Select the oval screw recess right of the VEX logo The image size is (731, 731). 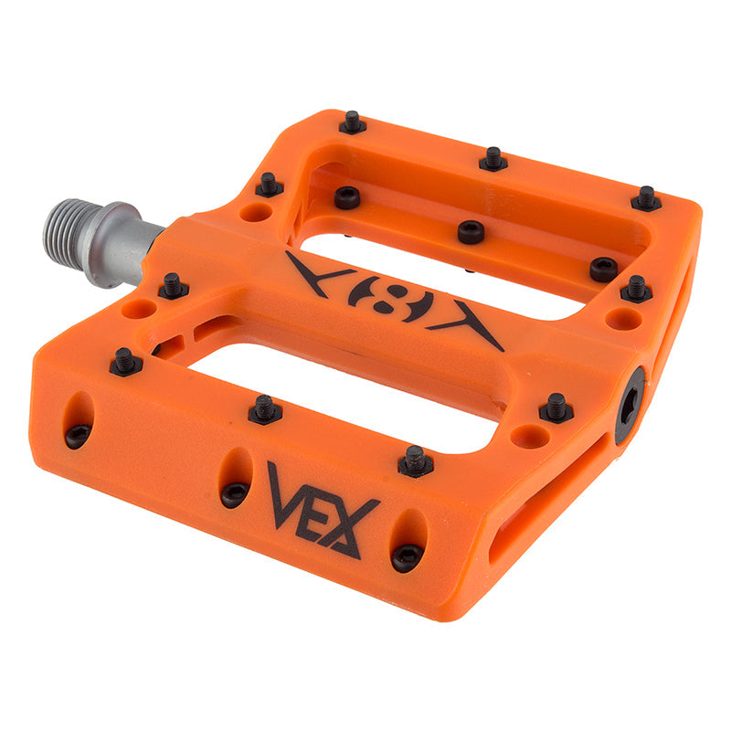(x=408, y=541)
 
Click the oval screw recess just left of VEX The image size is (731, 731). (x=235, y=479)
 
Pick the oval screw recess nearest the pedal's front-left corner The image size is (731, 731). (x=79, y=420)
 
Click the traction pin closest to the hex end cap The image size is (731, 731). (x=555, y=407)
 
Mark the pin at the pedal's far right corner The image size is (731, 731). (x=646, y=198)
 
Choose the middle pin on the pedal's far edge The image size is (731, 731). (x=493, y=160)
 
